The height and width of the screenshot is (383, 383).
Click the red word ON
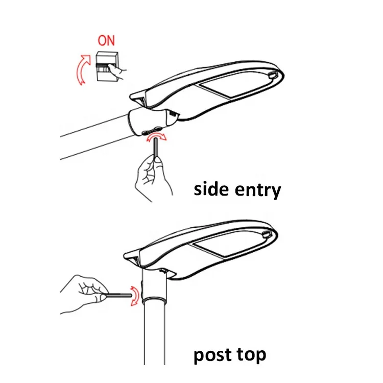106,40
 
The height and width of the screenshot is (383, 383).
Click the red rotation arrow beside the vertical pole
135,296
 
